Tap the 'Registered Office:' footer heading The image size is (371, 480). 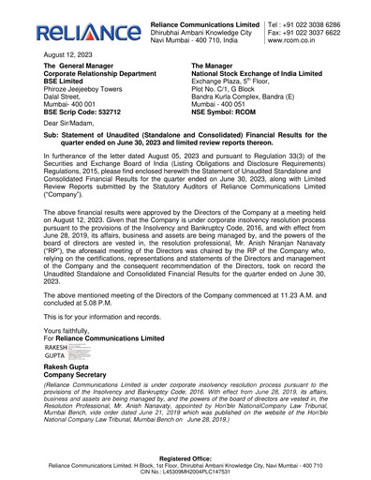point(185,459)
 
